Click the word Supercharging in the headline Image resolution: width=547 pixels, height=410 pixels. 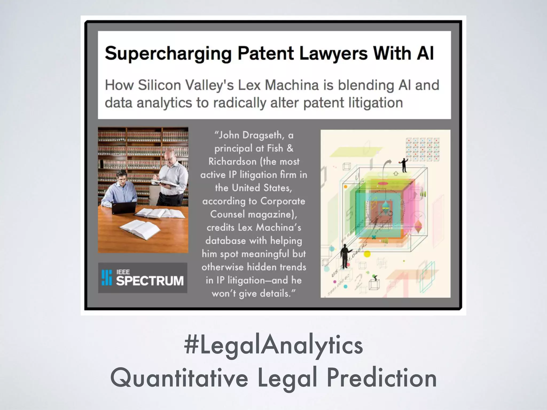[168, 53]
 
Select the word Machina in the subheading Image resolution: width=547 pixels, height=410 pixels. [291, 85]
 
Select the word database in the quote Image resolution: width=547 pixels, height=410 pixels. [225, 241]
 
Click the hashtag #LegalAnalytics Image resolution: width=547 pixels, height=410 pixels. [273, 345]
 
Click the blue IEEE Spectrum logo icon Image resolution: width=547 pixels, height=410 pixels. [107, 278]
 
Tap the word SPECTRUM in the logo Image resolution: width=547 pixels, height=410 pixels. [150, 281]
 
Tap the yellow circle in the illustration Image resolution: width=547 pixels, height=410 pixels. [367, 254]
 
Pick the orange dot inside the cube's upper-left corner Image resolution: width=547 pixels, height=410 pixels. [345, 187]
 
